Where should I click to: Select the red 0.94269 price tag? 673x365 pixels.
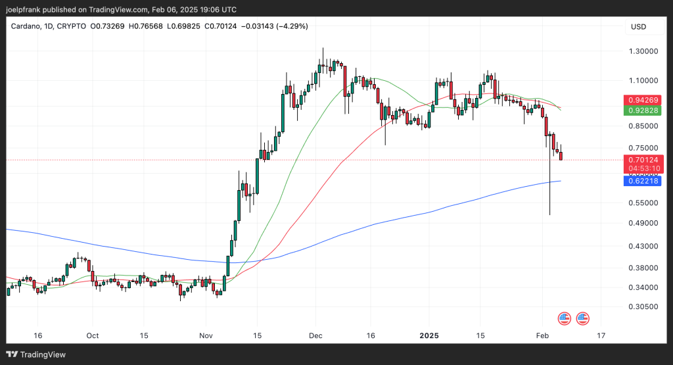(642, 100)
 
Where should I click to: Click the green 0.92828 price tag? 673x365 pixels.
(642, 110)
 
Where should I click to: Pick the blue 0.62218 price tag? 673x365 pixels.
(642, 181)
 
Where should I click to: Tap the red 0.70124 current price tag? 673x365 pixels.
(642, 159)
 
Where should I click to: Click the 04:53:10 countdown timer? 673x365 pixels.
(642, 168)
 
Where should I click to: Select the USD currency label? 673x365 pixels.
(638, 26)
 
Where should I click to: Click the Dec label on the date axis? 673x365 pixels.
(316, 335)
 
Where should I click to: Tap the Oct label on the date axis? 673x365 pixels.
(93, 335)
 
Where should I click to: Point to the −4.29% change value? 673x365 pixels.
(292, 26)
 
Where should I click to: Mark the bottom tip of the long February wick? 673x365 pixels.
(549, 214)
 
